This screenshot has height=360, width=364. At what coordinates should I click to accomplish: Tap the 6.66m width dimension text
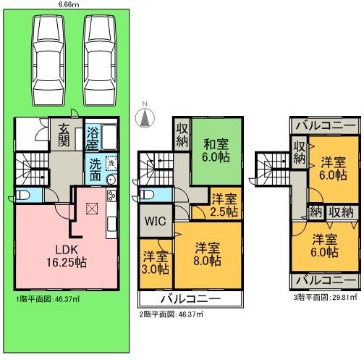tap(69, 4)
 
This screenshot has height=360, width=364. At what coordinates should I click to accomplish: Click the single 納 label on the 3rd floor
tap(315, 212)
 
